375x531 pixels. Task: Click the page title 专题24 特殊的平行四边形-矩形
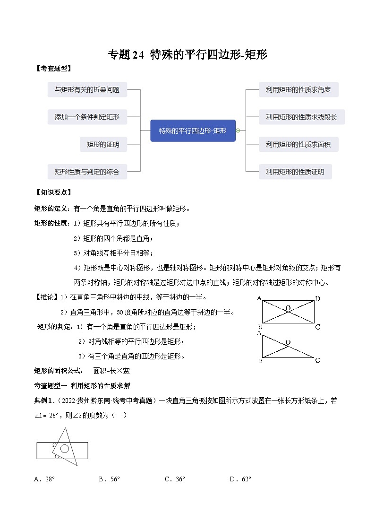187,55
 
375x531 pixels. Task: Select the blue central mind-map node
193,131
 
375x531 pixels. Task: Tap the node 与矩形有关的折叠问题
87,89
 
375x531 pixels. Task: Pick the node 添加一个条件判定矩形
87,117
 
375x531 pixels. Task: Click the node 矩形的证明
103,144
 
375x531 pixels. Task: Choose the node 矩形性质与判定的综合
87,172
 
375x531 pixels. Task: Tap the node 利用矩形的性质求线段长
302,117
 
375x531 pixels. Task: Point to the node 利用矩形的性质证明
295,172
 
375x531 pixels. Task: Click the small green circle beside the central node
238,131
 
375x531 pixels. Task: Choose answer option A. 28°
45,479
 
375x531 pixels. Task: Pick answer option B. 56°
110,479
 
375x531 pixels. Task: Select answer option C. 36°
175,479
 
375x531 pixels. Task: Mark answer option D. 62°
240,479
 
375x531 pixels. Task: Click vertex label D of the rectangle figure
318,298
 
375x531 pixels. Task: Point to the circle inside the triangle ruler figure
65,448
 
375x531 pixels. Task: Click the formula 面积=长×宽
112,371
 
